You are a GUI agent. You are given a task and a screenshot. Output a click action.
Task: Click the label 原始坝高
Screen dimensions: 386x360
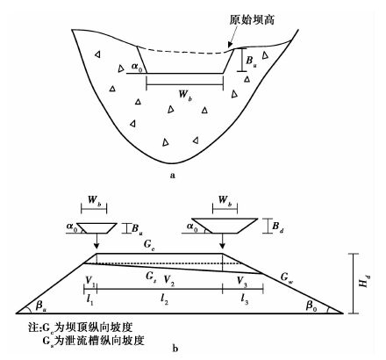pos(252,20)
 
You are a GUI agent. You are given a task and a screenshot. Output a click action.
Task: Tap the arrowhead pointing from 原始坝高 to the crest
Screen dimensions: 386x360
pos(230,45)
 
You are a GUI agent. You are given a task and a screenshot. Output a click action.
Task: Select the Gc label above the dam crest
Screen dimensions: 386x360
pos(149,245)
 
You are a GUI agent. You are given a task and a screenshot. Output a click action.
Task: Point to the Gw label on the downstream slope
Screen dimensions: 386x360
pos(287,277)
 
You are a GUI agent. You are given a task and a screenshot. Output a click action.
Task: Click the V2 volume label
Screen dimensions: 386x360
pos(169,280)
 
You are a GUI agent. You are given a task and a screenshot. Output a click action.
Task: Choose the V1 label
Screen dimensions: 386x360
pos(90,280)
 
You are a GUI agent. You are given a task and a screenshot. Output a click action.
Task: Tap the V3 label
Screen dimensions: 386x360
pos(242,281)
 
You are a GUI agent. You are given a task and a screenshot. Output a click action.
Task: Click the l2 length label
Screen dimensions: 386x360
pos(164,299)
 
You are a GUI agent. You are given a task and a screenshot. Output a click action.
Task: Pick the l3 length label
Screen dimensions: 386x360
pos(245,299)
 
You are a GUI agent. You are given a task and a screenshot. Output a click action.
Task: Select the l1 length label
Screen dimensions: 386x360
pos(90,299)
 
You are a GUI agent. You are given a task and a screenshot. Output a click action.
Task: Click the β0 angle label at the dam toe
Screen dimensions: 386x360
pos(311,306)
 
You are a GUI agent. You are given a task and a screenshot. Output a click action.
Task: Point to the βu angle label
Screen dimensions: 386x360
pos(40,306)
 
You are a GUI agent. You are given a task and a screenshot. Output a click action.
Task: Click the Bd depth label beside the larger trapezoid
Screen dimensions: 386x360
pos(278,227)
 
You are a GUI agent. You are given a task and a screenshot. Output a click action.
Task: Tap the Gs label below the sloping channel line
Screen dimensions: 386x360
pos(151,277)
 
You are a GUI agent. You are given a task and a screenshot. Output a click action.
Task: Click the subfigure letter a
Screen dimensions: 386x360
pos(173,176)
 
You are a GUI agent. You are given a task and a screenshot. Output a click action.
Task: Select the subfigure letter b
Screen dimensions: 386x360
pos(175,349)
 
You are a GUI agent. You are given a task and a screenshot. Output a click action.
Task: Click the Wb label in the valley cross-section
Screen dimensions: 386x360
pos(186,95)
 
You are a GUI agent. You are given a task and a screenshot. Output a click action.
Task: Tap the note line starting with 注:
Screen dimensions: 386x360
pos(81,327)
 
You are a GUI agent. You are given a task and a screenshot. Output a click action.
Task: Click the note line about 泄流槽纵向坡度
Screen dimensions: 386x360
pos(93,341)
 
